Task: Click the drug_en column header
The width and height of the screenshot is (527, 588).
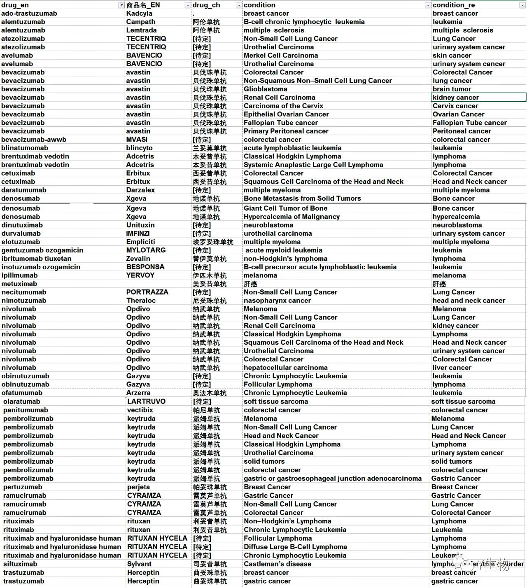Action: coord(15,5)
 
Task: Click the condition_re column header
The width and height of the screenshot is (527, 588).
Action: coord(453,5)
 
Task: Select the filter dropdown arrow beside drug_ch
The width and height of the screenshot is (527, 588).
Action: coord(238,5)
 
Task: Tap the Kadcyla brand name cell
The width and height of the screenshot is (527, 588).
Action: coord(139,14)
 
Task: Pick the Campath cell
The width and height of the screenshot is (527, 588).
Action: coord(141,22)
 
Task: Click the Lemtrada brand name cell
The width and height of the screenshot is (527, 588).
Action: coord(141,30)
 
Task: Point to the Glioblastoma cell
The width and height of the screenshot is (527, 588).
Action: coord(265,89)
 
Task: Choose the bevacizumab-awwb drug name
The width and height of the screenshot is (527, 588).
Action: coord(34,139)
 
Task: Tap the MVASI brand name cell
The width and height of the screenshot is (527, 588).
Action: coord(137,139)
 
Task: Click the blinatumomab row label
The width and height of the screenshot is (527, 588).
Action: coord(25,148)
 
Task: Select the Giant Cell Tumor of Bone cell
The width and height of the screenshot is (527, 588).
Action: coord(285,208)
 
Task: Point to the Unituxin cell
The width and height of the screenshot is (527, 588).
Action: coord(140,225)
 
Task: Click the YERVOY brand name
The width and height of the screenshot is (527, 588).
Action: coord(140,275)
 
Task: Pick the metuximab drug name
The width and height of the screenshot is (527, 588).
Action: coord(19,284)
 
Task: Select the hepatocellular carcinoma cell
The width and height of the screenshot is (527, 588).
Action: coord(285,367)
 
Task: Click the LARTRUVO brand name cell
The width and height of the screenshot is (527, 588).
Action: coord(146,401)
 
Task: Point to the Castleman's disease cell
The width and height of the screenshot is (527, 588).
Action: coord(277,564)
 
